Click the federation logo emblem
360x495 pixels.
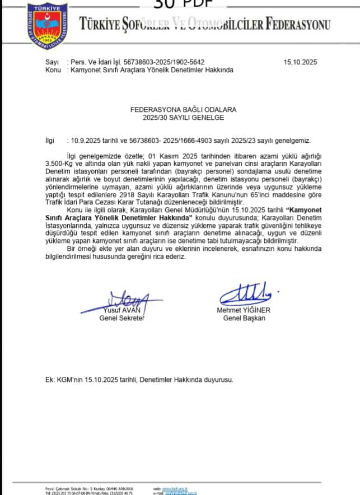point(48,24)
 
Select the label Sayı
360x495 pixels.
point(52,62)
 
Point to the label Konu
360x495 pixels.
point(53,70)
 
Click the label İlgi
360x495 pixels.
point(50,141)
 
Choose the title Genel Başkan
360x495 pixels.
point(244,319)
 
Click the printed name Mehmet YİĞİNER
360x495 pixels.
point(244,311)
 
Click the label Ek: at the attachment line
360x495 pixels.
point(50,379)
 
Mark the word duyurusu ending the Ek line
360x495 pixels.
point(216,379)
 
